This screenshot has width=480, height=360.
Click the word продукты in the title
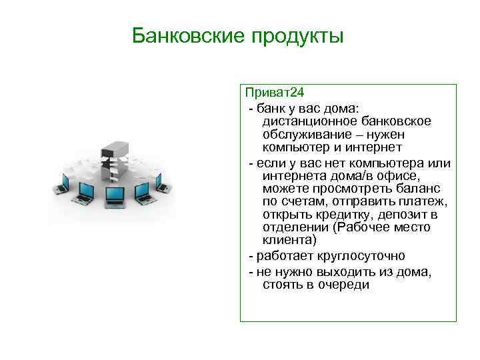(297, 36)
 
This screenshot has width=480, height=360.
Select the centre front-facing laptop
(115, 195)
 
